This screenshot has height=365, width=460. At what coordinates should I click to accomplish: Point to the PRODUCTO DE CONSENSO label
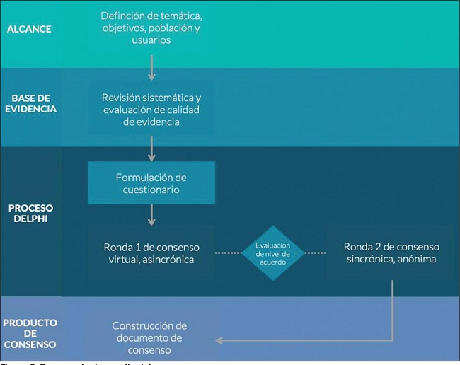(30, 333)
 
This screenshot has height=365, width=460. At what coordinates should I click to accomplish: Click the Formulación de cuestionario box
(151, 182)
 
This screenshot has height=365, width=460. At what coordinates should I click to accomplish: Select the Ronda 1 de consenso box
(151, 253)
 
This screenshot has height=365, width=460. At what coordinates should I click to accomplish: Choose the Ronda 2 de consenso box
(391, 253)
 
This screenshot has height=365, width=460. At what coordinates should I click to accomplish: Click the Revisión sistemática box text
(151, 109)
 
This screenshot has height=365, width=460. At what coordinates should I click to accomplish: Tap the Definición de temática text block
(151, 28)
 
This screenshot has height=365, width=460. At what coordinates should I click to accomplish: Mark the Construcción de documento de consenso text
(149, 337)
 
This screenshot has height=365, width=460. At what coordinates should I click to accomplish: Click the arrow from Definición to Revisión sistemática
(151, 66)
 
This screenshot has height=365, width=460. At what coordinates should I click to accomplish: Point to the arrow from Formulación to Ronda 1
(151, 214)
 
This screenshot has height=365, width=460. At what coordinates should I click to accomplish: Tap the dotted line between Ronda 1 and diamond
(228, 253)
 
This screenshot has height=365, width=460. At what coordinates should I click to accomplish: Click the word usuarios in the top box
(150, 40)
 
